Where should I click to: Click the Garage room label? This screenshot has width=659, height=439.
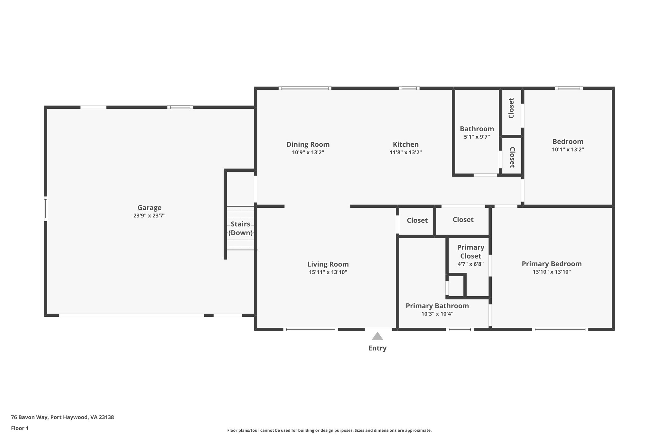[x=149, y=208]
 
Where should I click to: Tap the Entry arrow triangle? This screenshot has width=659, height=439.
[x=377, y=336]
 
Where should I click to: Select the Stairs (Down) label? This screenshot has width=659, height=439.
[x=240, y=228]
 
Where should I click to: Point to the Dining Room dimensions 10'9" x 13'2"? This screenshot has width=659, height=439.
[x=308, y=152]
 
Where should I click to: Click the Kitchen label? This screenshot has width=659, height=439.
[x=405, y=144]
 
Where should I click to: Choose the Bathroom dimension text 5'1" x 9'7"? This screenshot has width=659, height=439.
[x=477, y=137]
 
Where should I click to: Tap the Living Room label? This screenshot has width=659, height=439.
[x=328, y=264]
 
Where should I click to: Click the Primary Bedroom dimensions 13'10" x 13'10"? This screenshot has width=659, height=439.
[x=552, y=272]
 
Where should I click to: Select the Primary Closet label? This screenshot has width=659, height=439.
[x=470, y=252]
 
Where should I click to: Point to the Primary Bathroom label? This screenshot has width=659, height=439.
[x=437, y=306]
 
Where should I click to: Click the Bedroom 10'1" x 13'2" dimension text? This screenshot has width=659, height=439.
[x=568, y=150]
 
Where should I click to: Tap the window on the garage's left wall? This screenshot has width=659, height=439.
[x=46, y=209]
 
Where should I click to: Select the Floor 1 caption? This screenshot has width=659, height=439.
[x=20, y=428]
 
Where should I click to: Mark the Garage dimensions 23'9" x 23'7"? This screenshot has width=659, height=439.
[x=149, y=216]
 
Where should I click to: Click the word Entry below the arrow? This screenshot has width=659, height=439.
[x=377, y=348]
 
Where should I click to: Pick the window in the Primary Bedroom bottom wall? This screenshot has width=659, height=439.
[x=560, y=329]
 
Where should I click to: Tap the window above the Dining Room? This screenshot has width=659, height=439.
[x=305, y=88]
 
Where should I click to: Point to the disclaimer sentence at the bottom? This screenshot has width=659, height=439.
[x=329, y=430]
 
